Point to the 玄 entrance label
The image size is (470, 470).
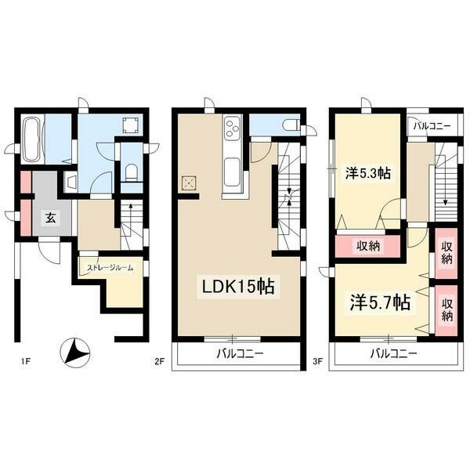(48, 217)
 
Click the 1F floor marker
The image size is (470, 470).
(25, 361)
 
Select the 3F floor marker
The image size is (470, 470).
(317, 361)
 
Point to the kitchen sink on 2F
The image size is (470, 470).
(233, 169)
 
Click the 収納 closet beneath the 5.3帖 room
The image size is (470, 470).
(369, 246)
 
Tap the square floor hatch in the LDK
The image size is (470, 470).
(188, 183)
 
